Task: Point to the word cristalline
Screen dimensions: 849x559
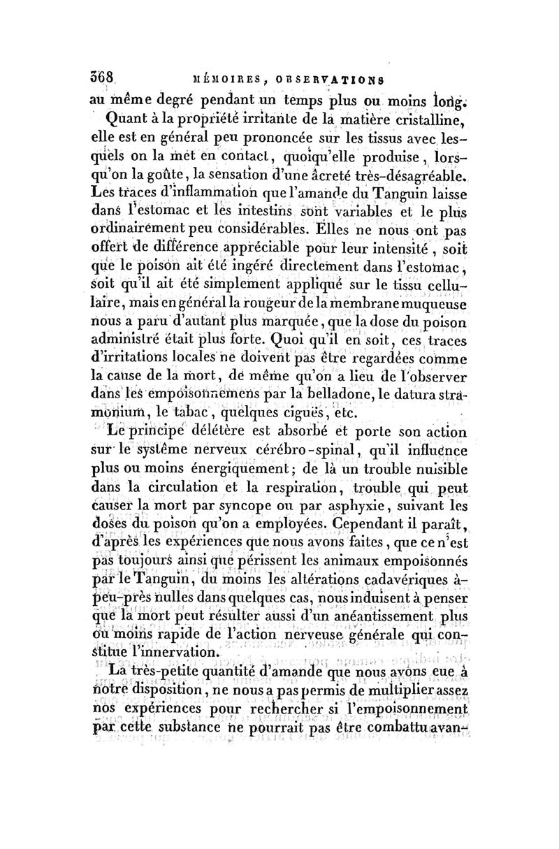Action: tap(423, 119)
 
